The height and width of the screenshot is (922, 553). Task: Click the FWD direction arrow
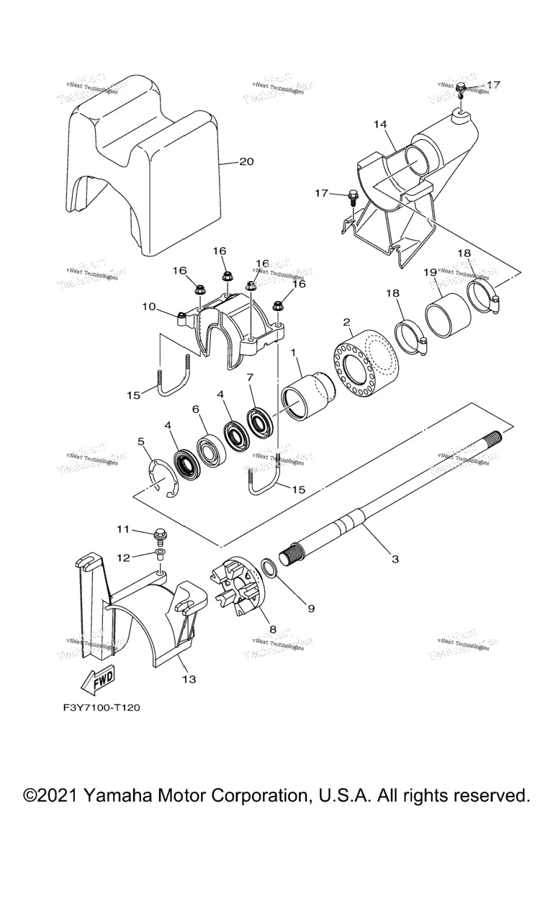pos(95,679)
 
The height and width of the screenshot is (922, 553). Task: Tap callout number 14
pos(380,124)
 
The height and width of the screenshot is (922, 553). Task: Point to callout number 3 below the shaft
pos(395,558)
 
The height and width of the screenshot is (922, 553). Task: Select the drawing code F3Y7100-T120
pos(101,707)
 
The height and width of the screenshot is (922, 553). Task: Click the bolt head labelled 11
pos(159,534)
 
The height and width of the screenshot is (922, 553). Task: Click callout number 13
pos(189,679)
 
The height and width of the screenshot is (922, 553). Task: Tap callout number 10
pos(149,307)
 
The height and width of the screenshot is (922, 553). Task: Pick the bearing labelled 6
pos(212,448)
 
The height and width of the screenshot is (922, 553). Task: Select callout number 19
pos(430,272)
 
